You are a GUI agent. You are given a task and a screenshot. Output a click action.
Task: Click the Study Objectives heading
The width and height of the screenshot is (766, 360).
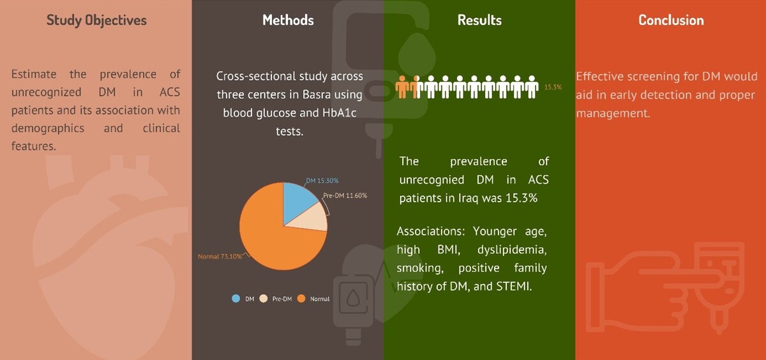(96, 20)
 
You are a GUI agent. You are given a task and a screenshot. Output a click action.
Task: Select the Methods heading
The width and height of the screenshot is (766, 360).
(288, 20)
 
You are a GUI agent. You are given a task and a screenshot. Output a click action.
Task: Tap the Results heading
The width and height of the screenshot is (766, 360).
(479, 20)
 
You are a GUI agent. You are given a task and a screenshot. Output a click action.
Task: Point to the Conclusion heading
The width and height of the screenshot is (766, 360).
(672, 20)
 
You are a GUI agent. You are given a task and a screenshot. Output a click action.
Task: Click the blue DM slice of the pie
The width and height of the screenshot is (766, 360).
(297, 204)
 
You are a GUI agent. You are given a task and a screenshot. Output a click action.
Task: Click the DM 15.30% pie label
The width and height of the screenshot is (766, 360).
(322, 181)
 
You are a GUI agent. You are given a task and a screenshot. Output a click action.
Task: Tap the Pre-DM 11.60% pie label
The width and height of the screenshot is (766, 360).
(345, 195)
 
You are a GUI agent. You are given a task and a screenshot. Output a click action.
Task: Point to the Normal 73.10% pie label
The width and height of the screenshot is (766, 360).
(220, 257)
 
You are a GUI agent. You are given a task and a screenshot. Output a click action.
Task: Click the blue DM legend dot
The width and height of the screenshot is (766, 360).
(236, 299)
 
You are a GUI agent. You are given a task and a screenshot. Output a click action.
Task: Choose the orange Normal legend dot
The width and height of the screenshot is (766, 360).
(301, 299)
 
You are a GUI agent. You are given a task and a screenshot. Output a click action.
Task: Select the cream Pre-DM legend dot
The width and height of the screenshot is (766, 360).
(263, 299)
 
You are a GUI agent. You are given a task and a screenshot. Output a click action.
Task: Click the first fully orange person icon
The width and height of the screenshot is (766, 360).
(403, 87)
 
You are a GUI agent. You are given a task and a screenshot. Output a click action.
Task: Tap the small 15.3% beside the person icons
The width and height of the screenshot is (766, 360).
(553, 87)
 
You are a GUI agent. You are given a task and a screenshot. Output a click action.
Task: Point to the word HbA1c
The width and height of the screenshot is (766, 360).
(339, 113)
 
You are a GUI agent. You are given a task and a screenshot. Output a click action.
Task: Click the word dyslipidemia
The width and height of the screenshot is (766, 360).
(512, 250)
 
